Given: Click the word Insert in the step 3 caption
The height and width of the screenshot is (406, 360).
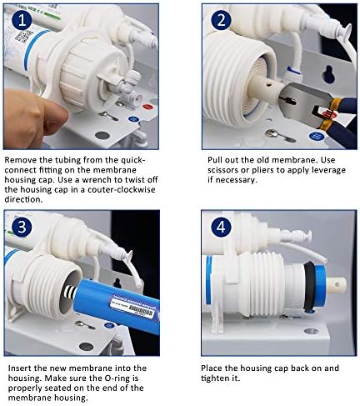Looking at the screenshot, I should click(20, 368).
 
